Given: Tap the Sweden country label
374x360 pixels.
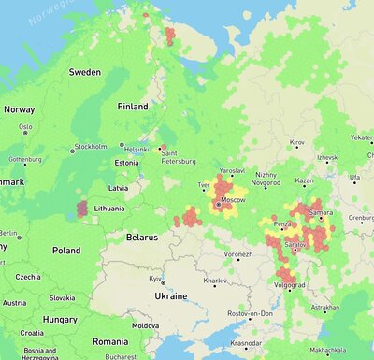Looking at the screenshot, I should (x=85, y=72).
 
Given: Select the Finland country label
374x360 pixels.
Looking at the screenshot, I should (x=133, y=107).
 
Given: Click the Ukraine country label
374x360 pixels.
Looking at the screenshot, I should (x=170, y=295).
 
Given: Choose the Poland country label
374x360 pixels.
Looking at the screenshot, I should (x=66, y=251).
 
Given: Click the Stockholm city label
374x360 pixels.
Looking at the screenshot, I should (x=91, y=147).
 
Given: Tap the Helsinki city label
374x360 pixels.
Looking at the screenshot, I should (x=137, y=149).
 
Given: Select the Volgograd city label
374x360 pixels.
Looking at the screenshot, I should (x=290, y=284).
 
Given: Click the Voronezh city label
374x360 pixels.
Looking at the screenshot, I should (x=238, y=254).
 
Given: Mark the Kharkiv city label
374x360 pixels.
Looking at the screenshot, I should (x=216, y=281).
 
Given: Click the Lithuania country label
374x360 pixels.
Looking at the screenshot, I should (x=109, y=208).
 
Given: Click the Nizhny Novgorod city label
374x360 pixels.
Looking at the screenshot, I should (x=266, y=179).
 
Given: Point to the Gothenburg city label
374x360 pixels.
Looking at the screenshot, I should (x=25, y=160).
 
